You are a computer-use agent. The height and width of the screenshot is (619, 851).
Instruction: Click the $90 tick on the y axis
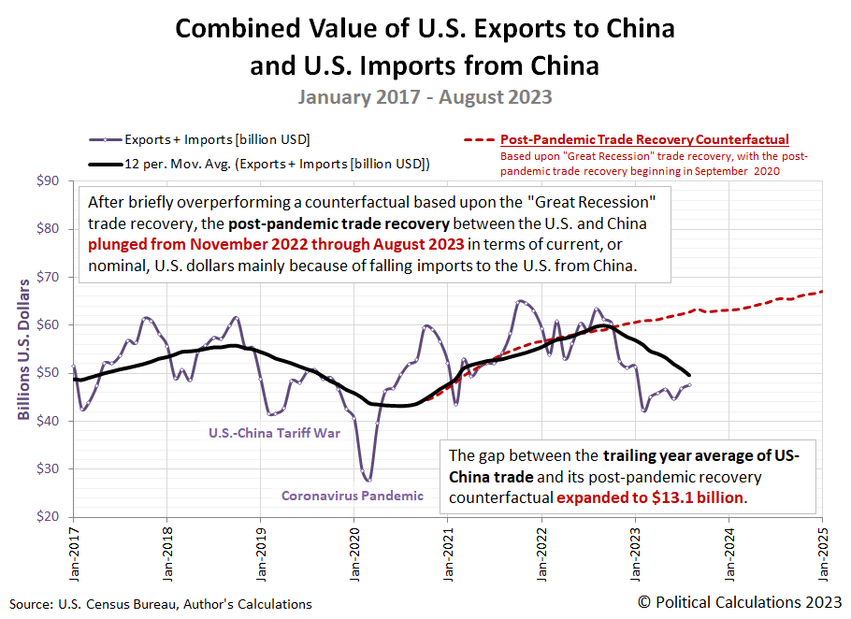(x=49, y=180)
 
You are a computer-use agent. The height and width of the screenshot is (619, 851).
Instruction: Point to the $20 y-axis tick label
(x=49, y=516)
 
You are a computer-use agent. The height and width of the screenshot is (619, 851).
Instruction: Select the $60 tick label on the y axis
(x=49, y=324)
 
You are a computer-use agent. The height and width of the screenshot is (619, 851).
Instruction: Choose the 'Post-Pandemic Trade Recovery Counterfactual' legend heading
(x=644, y=139)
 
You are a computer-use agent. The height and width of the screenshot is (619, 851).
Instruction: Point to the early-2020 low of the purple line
(x=368, y=480)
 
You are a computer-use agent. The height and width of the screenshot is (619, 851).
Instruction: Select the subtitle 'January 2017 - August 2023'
(x=425, y=96)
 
